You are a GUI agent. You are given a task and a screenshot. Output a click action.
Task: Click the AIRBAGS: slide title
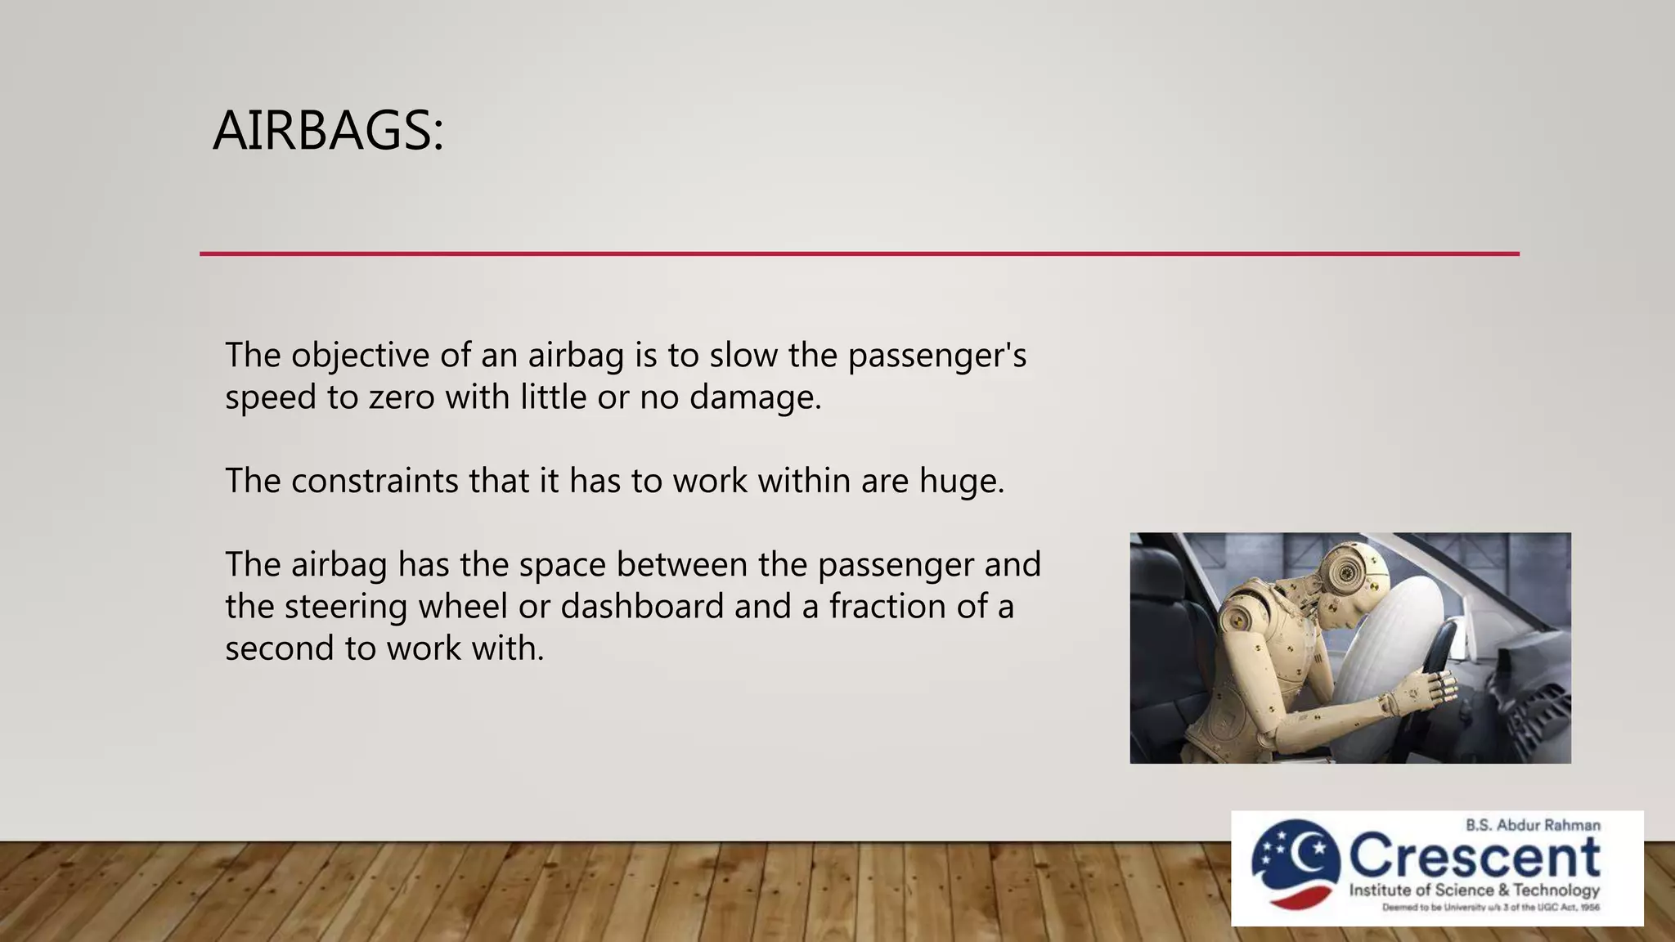coord(328,131)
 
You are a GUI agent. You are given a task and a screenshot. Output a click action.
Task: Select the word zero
coord(401,398)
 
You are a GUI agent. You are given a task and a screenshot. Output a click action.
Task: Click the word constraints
coord(375,481)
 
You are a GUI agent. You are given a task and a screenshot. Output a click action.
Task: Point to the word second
coord(279,649)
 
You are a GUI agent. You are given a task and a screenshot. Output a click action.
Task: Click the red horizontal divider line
coord(859,253)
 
